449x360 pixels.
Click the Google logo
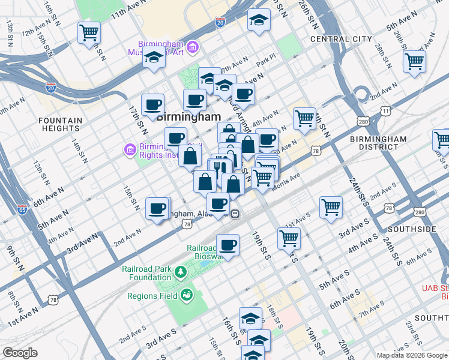20,353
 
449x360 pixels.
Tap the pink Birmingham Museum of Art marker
192,46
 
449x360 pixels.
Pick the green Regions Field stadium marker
187,295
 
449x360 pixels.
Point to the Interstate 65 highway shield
22,210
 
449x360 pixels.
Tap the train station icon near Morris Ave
237,213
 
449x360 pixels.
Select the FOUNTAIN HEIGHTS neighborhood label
60,124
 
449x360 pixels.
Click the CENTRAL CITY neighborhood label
341,39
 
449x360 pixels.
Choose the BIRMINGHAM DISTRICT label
378,143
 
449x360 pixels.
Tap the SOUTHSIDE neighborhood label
412,229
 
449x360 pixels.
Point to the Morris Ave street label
286,178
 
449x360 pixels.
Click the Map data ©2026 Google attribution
411,355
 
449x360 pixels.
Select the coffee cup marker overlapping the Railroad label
228,244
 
